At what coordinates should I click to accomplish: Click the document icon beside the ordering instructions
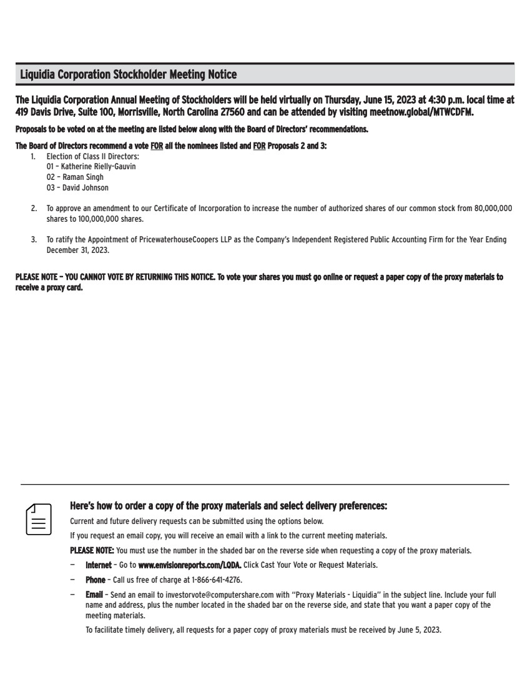coord(38,518)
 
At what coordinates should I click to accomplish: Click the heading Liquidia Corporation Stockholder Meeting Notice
coord(129,75)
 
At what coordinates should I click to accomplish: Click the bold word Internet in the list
coord(99,565)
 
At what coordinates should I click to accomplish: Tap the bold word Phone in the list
coord(95,580)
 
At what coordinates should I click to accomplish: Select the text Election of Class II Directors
coord(92,156)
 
